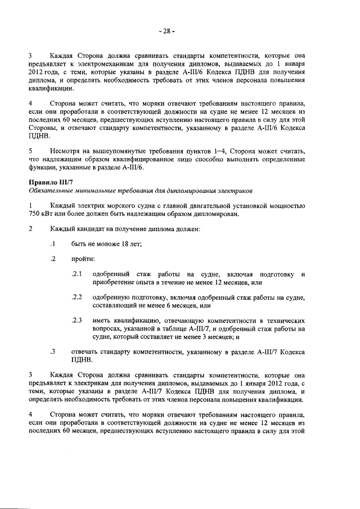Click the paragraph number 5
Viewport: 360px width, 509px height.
[30, 151]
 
